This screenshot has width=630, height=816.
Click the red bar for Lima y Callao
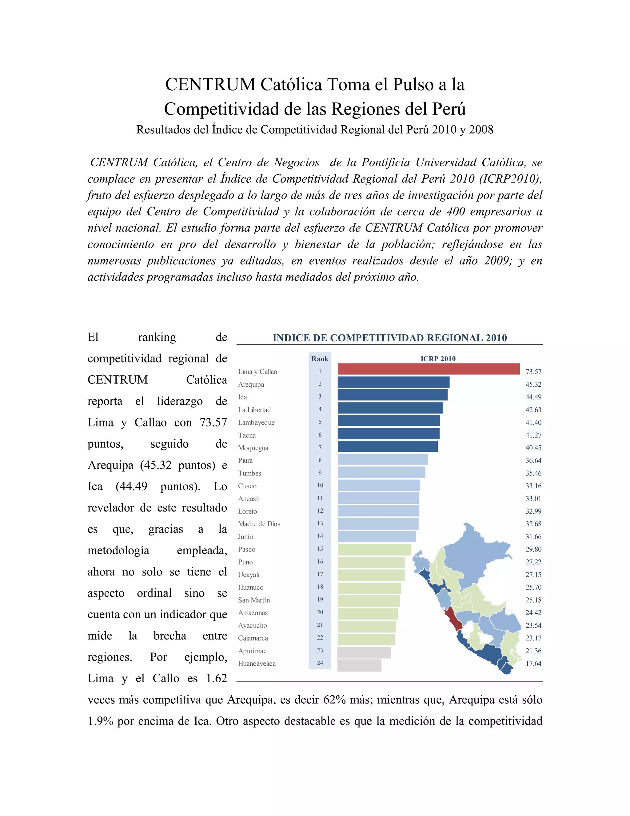coord(429,369)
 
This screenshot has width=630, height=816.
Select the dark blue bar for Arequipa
coord(393,382)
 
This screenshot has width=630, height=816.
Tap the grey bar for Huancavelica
coord(359,665)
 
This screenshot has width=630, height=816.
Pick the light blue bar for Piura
coord(383,459)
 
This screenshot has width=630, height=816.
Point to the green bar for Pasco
coord(374,550)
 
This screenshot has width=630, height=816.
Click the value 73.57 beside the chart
coord(533,372)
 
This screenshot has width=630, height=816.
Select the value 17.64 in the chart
coord(533,664)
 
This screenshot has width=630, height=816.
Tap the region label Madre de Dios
coord(259,524)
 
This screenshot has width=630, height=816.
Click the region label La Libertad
coord(254,410)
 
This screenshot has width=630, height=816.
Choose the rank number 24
coord(320,663)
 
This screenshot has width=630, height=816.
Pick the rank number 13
coord(320,523)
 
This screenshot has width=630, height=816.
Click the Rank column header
coord(320,359)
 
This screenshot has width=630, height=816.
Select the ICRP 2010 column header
coord(438,359)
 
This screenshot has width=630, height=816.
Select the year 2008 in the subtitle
coord(481,130)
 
